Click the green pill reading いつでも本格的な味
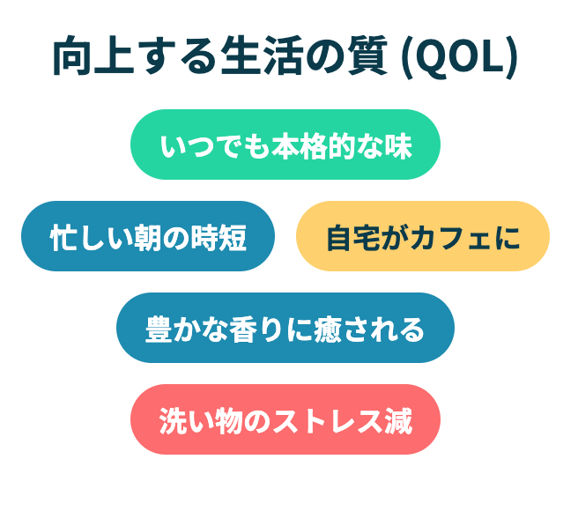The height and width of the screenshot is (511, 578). tap(285, 144)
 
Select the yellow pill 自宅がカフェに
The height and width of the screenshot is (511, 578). tap(423, 236)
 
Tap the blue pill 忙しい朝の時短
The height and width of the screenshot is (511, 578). tap(148, 236)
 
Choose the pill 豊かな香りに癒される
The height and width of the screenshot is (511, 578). tap(285, 328)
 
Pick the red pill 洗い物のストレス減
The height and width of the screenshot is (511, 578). tap(285, 419)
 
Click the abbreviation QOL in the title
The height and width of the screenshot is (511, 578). tap(461, 56)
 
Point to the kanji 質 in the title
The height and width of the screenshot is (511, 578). tap(367, 56)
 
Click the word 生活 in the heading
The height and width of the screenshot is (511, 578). tap(262, 56)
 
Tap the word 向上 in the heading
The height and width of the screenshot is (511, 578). tap(93, 56)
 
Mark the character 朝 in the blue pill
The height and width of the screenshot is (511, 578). tap(149, 238)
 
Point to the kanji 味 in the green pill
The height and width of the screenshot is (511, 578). tap(398, 146)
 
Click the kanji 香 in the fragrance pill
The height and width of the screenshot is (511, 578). tap(243, 330)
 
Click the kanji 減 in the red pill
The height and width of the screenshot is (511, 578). tap(398, 421)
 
